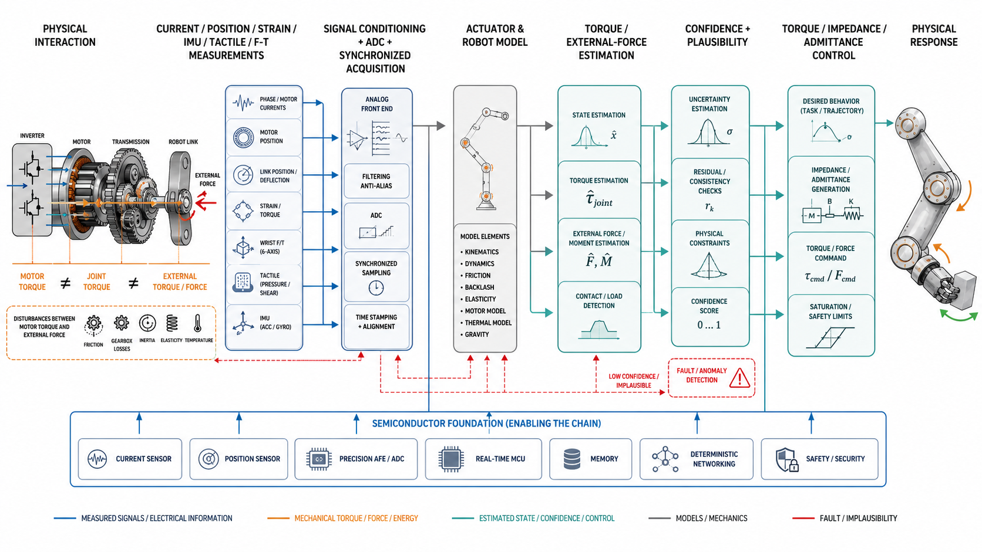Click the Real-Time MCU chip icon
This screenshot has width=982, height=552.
click(451, 459)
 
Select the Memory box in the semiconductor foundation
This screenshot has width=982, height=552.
click(590, 459)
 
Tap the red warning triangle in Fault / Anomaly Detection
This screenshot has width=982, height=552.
click(739, 378)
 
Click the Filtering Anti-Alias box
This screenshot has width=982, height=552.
click(376, 181)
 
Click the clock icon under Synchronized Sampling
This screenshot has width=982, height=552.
click(376, 287)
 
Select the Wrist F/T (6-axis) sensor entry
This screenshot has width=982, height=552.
click(264, 248)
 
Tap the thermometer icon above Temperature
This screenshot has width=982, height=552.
click(198, 323)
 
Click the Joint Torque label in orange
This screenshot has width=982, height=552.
click(96, 282)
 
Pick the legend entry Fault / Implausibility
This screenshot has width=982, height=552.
click(845, 519)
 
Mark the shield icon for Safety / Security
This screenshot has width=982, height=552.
click(786, 459)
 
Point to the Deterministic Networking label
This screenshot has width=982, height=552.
click(714, 459)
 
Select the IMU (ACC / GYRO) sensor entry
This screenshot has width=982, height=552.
click(264, 323)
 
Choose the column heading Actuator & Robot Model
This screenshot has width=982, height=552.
click(495, 35)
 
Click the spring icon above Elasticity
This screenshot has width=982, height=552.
click(172, 323)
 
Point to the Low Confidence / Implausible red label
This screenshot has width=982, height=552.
click(634, 381)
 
